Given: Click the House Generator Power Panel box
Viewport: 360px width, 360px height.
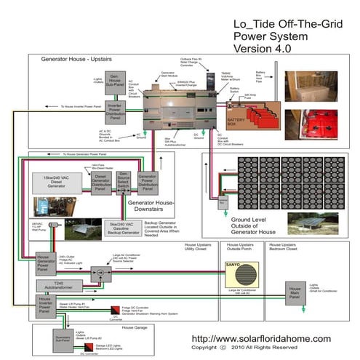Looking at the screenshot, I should (x=46, y=260).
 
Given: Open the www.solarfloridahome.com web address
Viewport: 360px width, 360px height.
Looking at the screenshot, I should (x=260, y=339).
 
